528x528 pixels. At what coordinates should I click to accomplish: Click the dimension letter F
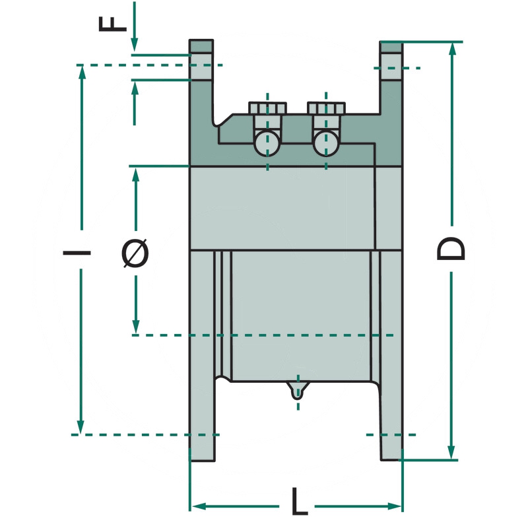[113, 20]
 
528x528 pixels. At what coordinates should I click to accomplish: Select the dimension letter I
[77, 251]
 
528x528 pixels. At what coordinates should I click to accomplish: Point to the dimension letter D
[452, 249]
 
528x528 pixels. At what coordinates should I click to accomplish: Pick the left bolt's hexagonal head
[267, 107]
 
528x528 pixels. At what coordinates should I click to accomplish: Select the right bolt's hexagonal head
[326, 107]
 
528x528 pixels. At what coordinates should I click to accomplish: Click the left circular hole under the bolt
[267, 142]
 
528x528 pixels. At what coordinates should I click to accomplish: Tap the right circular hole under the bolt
[326, 142]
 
